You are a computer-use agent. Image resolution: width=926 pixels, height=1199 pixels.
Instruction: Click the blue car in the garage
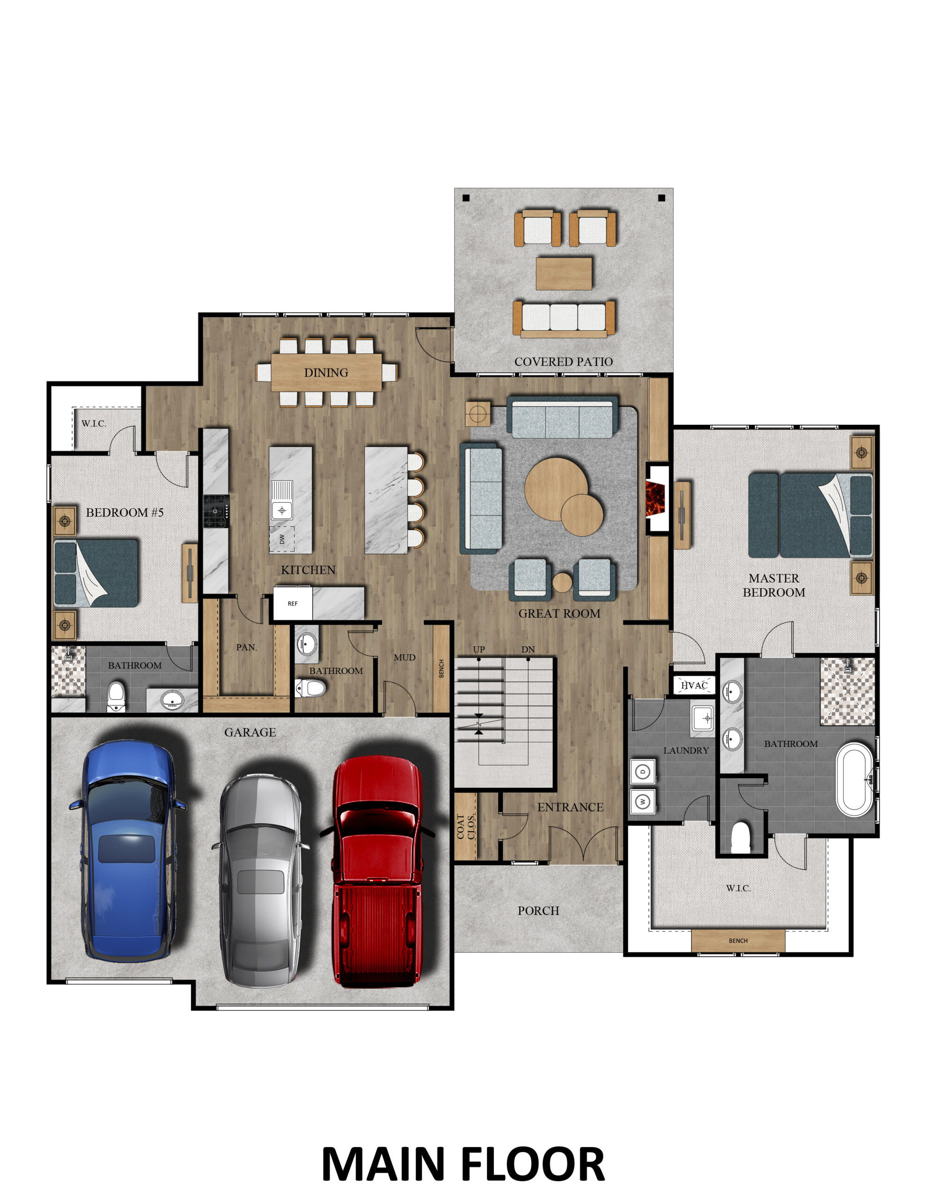[127, 851]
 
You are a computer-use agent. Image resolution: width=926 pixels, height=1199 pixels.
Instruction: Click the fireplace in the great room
[655, 498]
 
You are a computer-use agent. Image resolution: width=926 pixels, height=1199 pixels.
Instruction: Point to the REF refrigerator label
[293, 603]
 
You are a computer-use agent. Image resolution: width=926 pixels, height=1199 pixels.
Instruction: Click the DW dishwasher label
[281, 539]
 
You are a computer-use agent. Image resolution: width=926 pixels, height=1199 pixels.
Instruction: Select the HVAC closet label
[694, 685]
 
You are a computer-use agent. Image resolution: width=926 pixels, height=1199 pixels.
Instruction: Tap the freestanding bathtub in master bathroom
[854, 779]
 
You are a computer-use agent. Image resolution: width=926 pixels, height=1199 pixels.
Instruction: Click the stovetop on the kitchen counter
[216, 511]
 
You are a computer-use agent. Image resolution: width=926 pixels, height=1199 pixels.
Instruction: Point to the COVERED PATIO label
[563, 362]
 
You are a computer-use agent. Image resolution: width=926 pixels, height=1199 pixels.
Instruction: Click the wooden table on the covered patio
[564, 273]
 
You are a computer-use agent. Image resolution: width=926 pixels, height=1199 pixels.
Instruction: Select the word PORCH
[538, 911]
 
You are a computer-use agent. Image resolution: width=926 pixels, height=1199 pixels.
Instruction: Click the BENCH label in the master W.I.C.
[738, 941]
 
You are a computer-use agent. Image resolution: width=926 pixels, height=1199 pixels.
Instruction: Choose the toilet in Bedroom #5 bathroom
[116, 696]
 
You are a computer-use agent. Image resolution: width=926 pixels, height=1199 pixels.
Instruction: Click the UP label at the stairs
[478, 650]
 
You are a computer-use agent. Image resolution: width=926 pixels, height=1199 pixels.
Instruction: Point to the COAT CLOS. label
[465, 827]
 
